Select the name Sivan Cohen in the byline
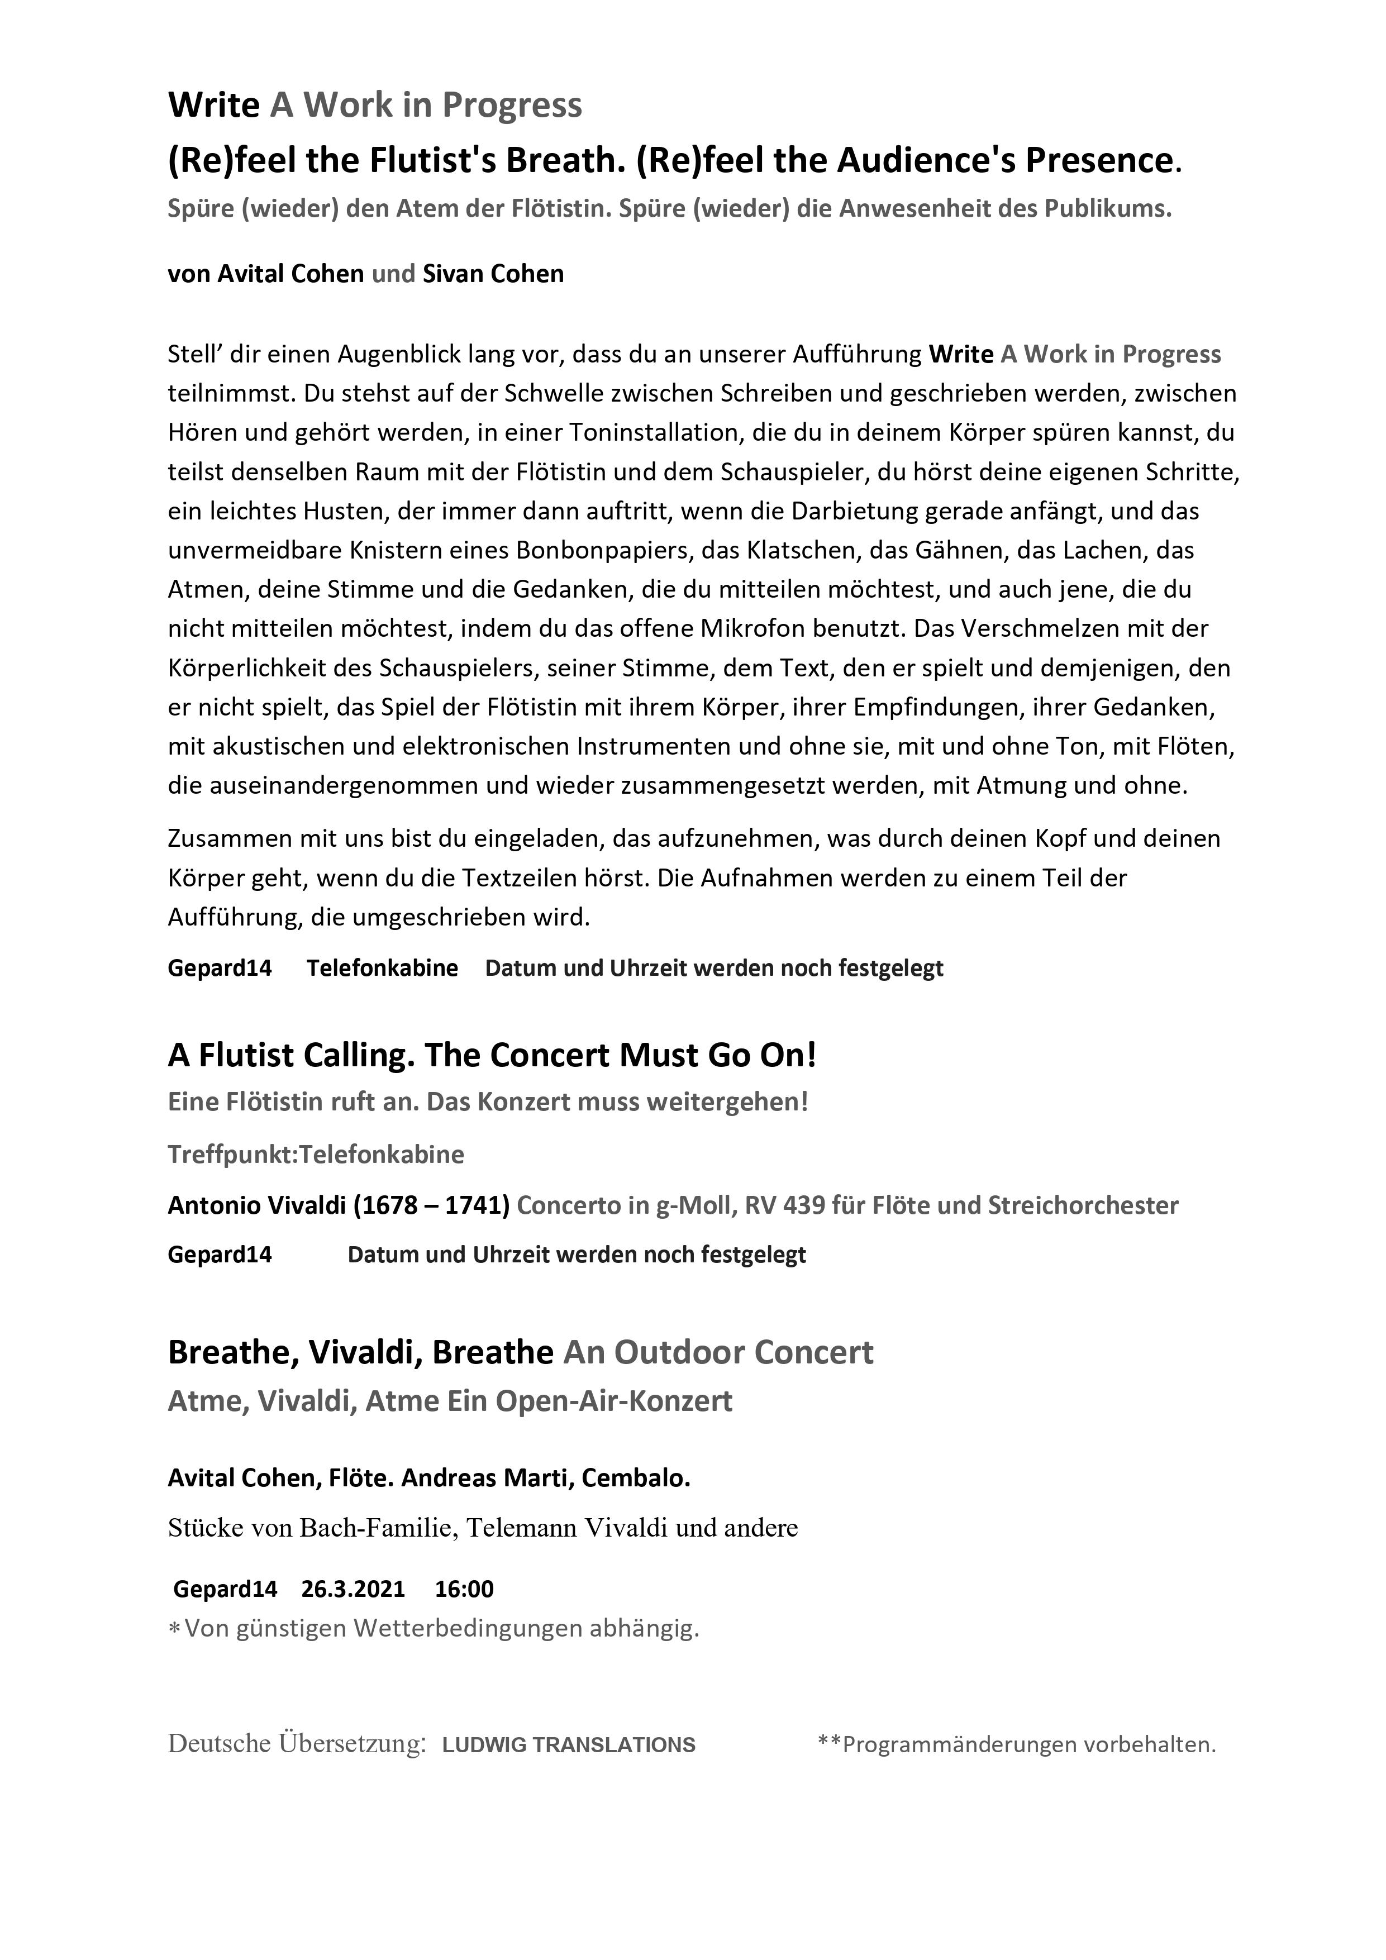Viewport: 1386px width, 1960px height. coord(493,274)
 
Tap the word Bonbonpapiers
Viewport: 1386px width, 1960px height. coord(602,551)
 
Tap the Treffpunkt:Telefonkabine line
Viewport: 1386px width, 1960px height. coord(316,1154)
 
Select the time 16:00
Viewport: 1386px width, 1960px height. coord(464,1589)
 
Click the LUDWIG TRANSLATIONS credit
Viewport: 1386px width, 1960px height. coord(569,1745)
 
